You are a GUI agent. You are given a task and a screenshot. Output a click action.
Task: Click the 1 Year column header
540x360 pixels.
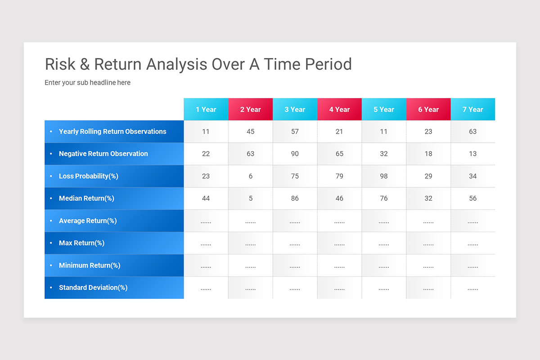tap(206, 109)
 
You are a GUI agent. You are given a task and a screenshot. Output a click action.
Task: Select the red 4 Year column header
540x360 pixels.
tap(339, 109)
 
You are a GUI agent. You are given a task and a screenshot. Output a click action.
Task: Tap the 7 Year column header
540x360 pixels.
tap(472, 109)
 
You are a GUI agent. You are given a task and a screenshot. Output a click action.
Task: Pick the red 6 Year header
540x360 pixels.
tap(428, 109)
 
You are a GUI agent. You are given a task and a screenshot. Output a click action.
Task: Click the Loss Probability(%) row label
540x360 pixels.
tap(88, 176)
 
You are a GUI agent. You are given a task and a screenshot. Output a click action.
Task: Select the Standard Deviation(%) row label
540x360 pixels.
tap(93, 288)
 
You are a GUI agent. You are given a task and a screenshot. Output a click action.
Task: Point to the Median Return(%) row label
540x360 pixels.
tap(86, 198)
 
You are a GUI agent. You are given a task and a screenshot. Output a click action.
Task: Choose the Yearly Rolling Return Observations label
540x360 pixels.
tap(112, 131)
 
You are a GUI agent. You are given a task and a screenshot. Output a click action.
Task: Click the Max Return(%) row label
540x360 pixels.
tap(81, 243)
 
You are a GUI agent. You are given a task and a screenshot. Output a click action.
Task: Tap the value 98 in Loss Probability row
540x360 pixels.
tap(384, 176)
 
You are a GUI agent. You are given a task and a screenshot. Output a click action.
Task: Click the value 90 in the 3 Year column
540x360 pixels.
tap(295, 154)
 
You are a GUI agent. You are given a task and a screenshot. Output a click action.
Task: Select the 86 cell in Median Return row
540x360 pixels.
tap(295, 198)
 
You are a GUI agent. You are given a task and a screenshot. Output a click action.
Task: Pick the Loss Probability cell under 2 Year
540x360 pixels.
tap(251, 176)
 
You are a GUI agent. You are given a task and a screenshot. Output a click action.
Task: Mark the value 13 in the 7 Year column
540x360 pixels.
tap(472, 154)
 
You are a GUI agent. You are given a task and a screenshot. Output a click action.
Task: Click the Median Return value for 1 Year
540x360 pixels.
tap(206, 198)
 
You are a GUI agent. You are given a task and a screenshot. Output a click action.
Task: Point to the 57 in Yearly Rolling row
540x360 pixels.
tap(295, 131)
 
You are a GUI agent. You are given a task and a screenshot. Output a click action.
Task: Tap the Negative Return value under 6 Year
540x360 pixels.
tap(428, 154)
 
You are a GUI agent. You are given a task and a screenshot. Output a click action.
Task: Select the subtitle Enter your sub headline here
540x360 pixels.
tap(87, 83)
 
